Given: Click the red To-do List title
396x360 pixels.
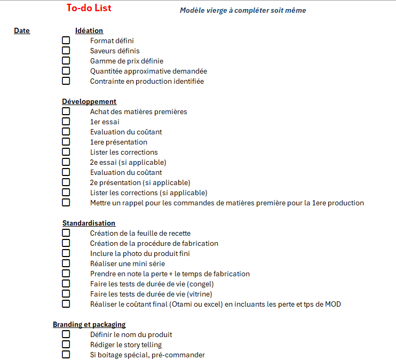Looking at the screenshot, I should (89, 8).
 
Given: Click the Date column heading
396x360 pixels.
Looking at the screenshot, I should (22, 31).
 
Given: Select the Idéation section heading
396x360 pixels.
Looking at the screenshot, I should (89, 31).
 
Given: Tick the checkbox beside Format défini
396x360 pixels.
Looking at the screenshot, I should (66, 41).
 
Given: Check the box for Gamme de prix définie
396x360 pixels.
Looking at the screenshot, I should (66, 61).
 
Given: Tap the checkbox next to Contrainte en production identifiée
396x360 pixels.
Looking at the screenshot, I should (66, 81).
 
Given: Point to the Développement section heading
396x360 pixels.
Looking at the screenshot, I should (89, 101).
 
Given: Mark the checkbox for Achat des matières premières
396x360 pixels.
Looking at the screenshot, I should (66, 111).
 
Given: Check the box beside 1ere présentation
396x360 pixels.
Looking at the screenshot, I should (66, 142).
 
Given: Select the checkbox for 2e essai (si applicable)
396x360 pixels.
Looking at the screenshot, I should (66, 162).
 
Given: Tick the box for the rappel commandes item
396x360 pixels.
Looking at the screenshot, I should (66, 203).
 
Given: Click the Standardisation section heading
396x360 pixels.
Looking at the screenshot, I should (89, 223).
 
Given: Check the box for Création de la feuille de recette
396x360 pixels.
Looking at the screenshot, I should (66, 233).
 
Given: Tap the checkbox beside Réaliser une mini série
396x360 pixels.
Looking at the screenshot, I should (66, 263).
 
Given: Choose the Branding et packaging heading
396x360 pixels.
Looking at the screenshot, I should (89, 324).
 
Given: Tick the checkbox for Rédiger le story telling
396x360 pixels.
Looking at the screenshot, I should (66, 345).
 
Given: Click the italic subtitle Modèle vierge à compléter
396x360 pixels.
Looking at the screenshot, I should (243, 10).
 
